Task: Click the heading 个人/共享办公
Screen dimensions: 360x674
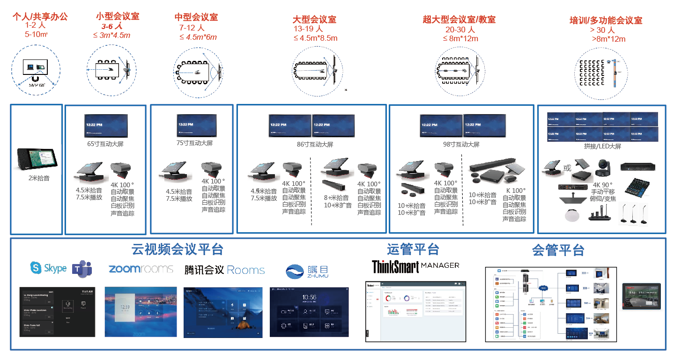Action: tap(40, 17)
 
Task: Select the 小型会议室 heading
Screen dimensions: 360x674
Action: tap(118, 16)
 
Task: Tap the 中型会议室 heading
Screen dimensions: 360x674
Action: tap(196, 17)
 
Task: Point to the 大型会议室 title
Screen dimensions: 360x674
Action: tap(314, 20)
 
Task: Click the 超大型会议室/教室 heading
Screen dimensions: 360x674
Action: tap(459, 20)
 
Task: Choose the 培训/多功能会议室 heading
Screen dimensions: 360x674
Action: tap(605, 20)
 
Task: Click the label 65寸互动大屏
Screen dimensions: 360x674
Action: tap(105, 144)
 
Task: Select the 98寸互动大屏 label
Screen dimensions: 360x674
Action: tap(461, 145)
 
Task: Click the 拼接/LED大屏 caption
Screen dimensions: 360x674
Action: tap(602, 147)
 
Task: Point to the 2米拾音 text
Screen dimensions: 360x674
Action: tap(37, 178)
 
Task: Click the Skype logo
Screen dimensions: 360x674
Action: tap(48, 268)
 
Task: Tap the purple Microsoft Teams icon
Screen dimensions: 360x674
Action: tap(82, 268)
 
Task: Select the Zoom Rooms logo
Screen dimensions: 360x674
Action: tap(141, 269)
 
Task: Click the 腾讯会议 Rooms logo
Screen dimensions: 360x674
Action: tap(224, 270)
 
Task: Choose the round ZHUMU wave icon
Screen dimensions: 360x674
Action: tap(295, 272)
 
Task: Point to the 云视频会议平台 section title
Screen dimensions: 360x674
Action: tap(177, 249)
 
